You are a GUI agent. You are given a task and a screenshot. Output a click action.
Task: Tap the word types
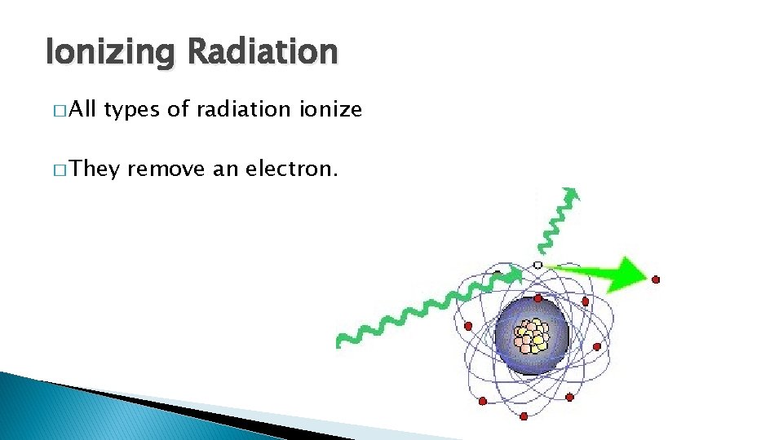click(132, 110)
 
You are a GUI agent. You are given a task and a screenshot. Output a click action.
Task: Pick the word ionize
click(331, 109)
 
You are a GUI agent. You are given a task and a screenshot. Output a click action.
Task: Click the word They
click(95, 169)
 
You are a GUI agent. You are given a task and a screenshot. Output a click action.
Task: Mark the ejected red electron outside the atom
click(656, 279)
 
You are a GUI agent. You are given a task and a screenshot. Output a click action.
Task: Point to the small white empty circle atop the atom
click(537, 265)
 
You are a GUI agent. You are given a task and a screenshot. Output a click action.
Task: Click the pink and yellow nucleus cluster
click(532, 335)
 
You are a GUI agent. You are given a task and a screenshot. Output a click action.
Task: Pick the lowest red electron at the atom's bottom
click(524, 416)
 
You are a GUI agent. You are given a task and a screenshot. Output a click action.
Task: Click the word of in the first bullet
click(177, 109)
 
